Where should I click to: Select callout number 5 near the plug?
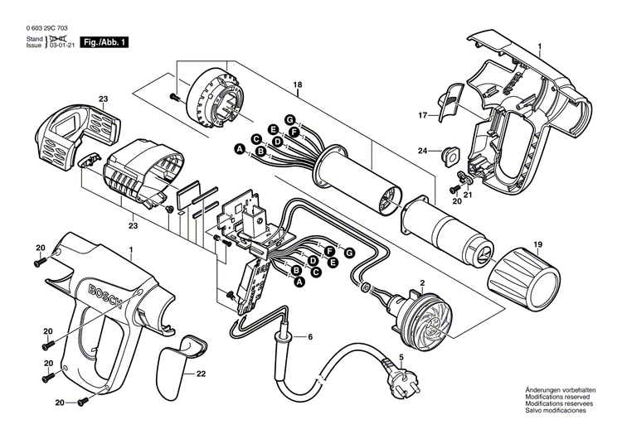[x=401, y=357]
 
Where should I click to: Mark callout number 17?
[x=422, y=114]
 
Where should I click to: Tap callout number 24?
[x=423, y=152]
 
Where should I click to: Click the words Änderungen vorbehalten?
[x=558, y=389]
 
